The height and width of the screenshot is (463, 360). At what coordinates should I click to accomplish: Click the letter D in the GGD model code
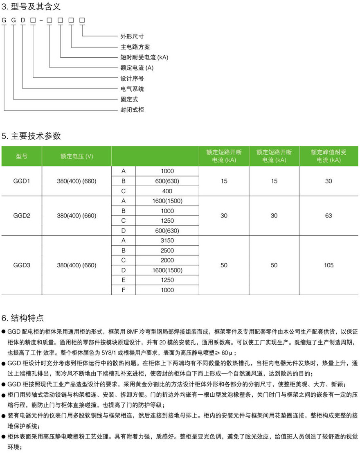coord(24,20)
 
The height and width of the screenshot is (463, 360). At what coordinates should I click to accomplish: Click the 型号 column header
coord(22,156)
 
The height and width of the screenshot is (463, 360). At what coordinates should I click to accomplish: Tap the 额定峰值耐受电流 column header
coord(328,156)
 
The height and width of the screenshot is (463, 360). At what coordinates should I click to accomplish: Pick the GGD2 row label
coord(22,216)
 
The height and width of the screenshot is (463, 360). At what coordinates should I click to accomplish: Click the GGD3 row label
coord(22,265)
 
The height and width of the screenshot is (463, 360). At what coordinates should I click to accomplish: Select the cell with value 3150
coord(167,241)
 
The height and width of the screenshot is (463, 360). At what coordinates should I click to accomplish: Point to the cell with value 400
coord(167,191)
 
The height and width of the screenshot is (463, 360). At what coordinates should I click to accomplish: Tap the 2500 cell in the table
coord(167,251)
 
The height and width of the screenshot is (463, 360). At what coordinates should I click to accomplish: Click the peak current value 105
coord(328,265)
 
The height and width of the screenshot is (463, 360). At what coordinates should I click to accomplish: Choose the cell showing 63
coord(328,216)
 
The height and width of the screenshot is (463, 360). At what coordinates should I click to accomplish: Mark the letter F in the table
coord(123,290)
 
